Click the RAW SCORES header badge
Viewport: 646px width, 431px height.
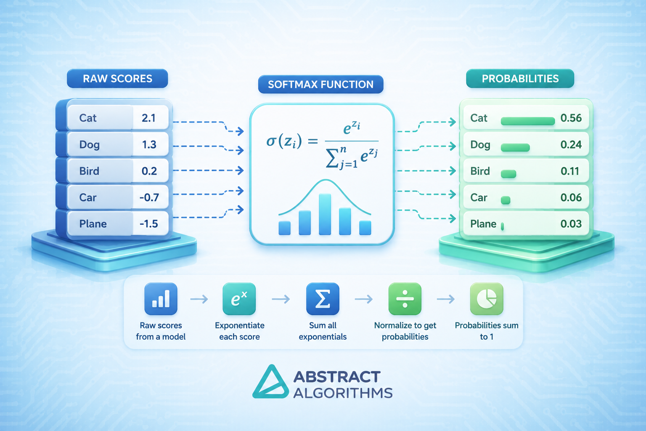[x=117, y=79]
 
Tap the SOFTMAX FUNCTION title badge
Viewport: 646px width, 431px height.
[x=321, y=84]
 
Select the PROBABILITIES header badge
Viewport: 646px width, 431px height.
[x=520, y=79]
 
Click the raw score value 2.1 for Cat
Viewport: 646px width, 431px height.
[x=149, y=118]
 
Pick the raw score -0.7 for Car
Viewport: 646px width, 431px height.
[x=149, y=197]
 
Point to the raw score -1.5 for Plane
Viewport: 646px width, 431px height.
[x=149, y=224]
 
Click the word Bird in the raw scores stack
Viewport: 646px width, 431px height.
[x=89, y=171]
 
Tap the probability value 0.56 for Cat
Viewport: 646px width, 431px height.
[x=571, y=118]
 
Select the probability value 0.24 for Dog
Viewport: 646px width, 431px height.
[x=571, y=144]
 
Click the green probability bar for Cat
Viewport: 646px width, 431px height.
[x=528, y=121]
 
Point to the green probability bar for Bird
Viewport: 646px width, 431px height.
[x=508, y=174]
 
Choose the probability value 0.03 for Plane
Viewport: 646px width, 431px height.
[x=571, y=224]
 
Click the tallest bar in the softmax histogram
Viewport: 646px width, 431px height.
[x=325, y=214]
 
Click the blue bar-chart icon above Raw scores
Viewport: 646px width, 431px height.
[x=161, y=299]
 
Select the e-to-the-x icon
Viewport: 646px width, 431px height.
[x=239, y=299]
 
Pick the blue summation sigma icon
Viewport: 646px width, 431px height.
[x=323, y=299]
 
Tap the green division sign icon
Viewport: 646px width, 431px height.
[x=405, y=299]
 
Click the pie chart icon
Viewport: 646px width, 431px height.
[x=487, y=299]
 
